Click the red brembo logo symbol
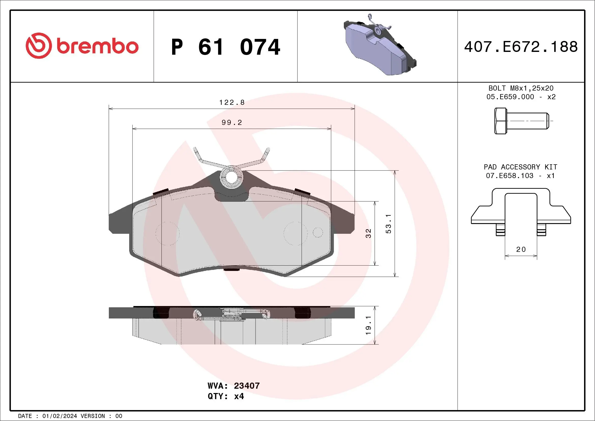(x=39, y=46)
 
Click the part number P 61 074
(x=226, y=47)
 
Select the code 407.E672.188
(x=521, y=47)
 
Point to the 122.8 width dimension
(x=232, y=103)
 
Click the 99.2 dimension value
(x=232, y=123)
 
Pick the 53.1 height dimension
(x=389, y=224)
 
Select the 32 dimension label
(x=368, y=233)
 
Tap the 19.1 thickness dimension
(x=368, y=325)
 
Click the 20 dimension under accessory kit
(x=521, y=249)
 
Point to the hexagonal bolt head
(x=500, y=121)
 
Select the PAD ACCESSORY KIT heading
(x=520, y=167)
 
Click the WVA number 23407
(x=246, y=386)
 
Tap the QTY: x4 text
(x=226, y=396)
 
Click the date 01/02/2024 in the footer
(x=59, y=416)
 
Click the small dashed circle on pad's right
(x=318, y=232)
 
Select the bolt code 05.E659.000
(x=510, y=97)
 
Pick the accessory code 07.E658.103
(x=510, y=176)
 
